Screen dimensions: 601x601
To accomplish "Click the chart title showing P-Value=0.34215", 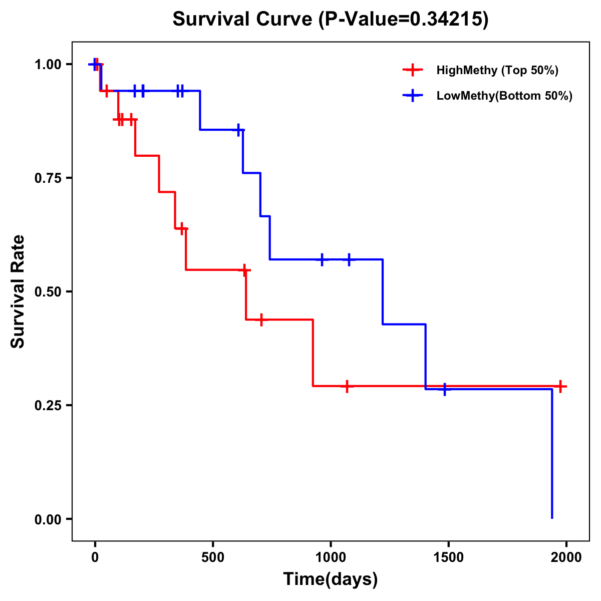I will pos(330,19).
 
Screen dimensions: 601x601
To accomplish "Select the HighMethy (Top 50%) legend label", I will pos(497,70).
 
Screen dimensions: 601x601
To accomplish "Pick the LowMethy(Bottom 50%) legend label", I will pos(504,96).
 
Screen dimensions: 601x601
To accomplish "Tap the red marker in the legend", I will pos(413,70).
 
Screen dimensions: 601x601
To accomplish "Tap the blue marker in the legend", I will pos(413,96).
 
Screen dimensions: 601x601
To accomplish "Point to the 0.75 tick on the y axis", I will pos(48,178).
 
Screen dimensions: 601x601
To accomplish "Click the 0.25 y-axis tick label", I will pos(48,405).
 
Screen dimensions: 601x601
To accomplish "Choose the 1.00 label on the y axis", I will pos(48,64).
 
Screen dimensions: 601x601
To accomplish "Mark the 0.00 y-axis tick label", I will pos(48,519).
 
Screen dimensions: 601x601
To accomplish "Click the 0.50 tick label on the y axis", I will pos(48,291).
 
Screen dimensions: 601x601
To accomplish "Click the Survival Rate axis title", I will pos(18,291).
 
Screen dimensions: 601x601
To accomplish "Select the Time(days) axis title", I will pos(331,579).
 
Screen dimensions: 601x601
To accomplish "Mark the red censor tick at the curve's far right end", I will pos(561,386).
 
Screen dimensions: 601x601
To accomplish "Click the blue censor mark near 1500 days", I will pos(444,389).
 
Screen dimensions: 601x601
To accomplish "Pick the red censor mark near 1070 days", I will pos(347,386).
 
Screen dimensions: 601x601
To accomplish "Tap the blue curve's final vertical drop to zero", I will pos(552,453).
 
